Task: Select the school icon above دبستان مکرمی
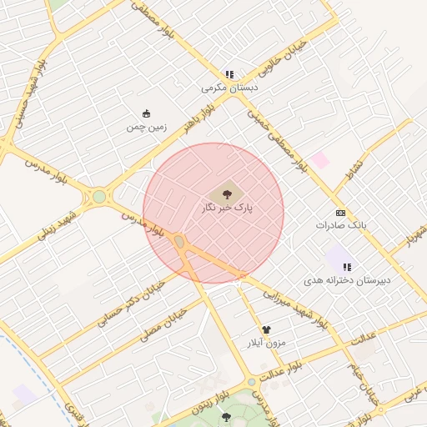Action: (x=229, y=73)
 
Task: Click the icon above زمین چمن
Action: (x=147, y=114)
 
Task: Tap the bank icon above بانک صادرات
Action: (x=340, y=213)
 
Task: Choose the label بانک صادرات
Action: (x=340, y=225)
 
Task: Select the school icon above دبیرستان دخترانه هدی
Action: (x=346, y=267)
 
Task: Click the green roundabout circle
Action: (x=99, y=197)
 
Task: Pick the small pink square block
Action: (x=319, y=159)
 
